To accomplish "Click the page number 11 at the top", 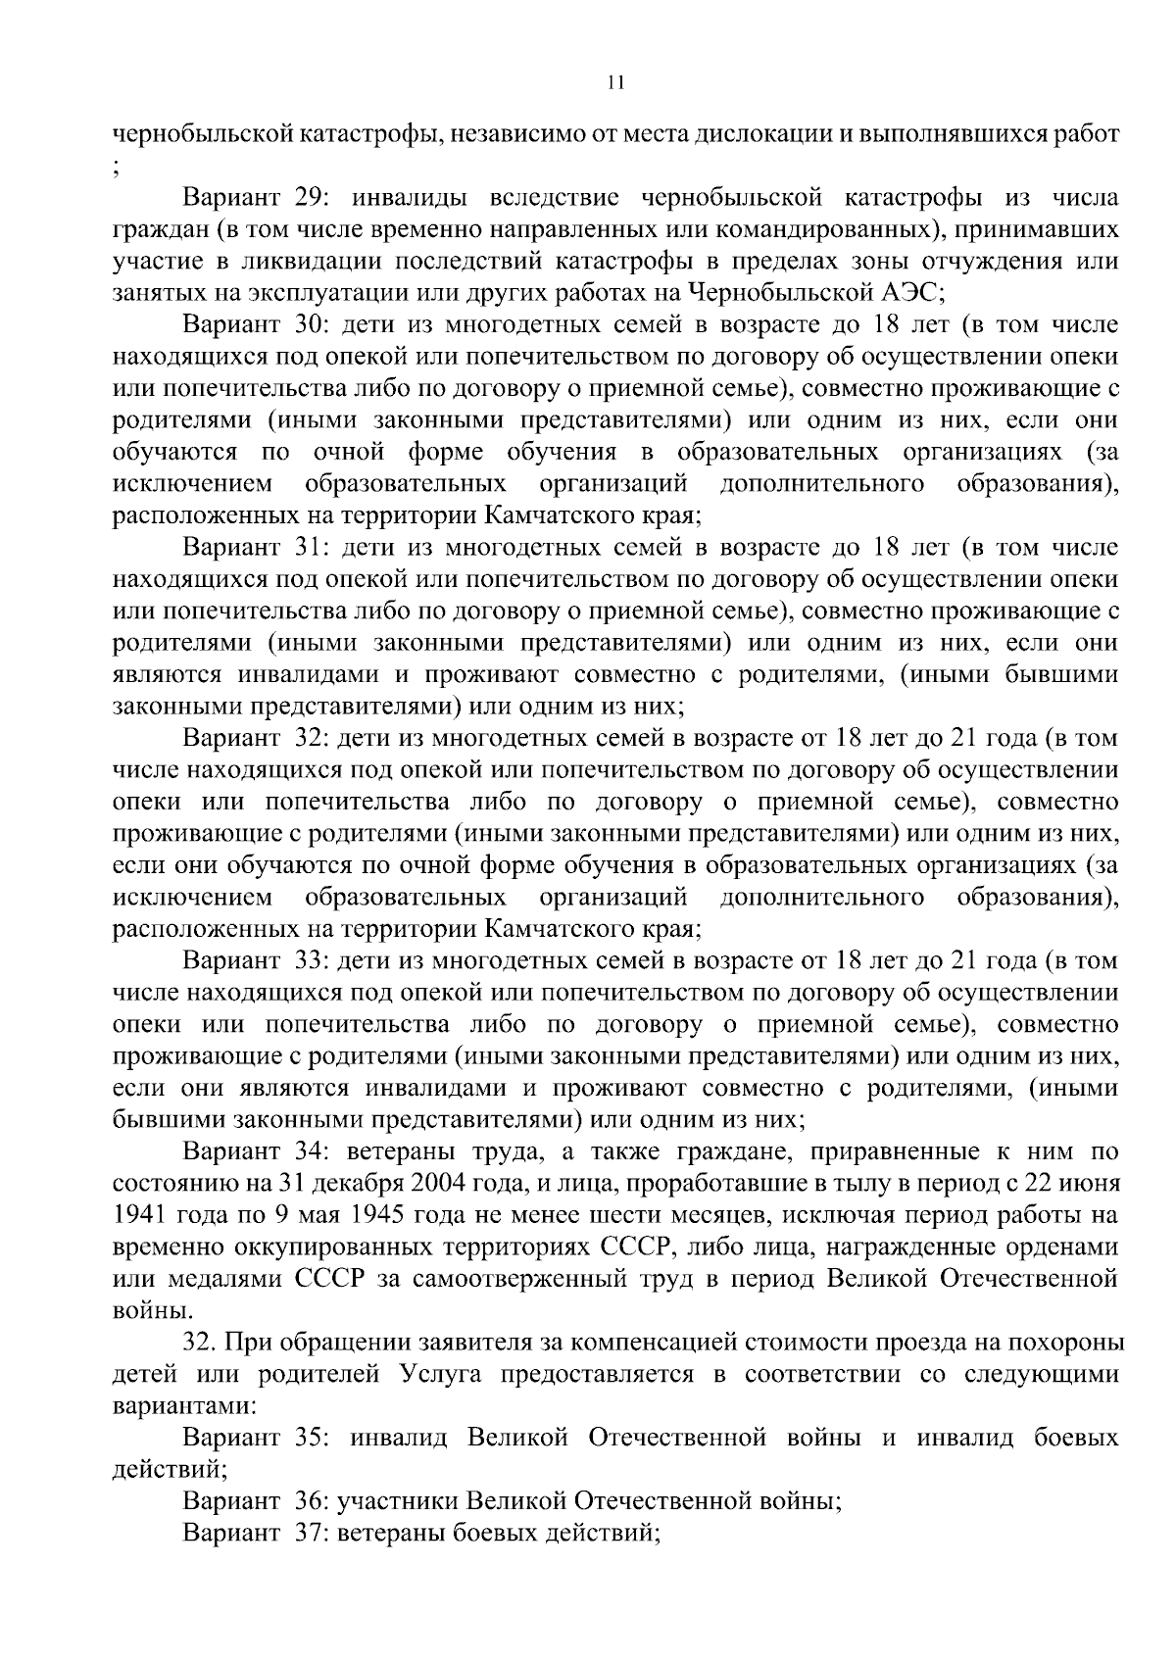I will tap(614, 83).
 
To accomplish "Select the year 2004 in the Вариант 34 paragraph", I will tap(466, 1184).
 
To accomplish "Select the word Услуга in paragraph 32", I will tap(439, 1374).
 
